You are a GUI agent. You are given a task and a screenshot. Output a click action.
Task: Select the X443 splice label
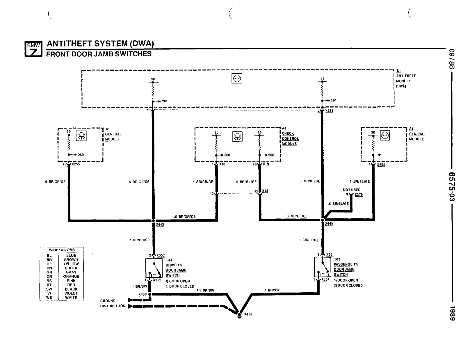click(160, 224)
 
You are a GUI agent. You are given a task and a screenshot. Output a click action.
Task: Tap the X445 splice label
click(329, 224)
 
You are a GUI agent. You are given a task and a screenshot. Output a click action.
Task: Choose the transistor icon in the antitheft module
click(237, 79)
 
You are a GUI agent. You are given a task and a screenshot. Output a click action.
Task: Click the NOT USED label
click(352, 190)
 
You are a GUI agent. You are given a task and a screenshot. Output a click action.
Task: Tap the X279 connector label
click(359, 195)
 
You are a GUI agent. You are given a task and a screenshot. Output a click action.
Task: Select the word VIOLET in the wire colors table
click(71, 293)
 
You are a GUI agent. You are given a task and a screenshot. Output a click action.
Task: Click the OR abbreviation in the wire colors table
click(49, 277)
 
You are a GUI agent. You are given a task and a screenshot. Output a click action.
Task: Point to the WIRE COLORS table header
click(62, 250)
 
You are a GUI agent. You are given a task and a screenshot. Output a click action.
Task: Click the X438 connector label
click(142, 294)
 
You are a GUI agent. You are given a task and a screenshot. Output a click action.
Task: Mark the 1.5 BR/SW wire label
click(205, 290)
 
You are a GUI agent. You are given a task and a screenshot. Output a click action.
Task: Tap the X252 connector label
click(329, 111)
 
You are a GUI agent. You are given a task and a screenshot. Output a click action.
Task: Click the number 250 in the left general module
click(81, 155)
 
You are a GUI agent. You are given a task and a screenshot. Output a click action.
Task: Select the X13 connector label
click(265, 191)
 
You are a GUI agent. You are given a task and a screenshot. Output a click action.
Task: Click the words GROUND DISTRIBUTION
click(113, 303)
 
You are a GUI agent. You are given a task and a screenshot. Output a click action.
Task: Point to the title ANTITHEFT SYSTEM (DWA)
click(100, 44)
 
